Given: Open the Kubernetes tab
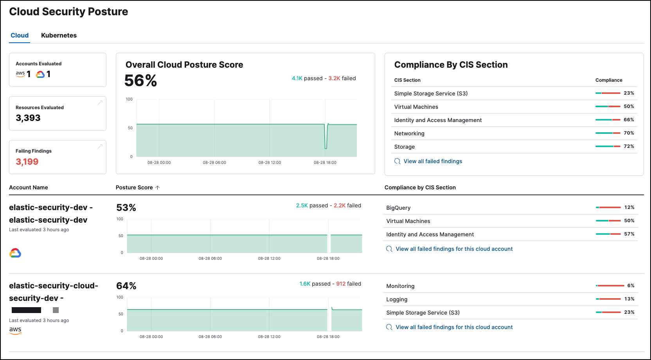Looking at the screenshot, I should coord(59,35).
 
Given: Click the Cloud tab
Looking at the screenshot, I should coord(20,35).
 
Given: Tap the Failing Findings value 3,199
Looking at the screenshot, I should coord(27,162).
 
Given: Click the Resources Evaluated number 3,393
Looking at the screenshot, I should coord(28,118).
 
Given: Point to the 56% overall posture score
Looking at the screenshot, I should coord(140,81).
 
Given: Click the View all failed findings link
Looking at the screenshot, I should coord(433,161).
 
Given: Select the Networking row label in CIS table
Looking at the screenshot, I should coord(409,133).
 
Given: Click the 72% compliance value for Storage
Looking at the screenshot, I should coord(629,146).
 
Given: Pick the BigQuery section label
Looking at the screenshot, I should coord(398,208).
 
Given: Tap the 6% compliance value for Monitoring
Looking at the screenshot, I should coord(631,286).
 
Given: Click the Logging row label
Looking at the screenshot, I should coord(397,299).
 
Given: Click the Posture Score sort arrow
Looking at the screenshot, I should coord(158,187).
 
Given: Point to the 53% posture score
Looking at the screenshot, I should coord(126,207).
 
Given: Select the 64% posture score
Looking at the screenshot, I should coord(126,286).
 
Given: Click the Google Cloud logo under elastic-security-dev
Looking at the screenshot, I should coord(15,253).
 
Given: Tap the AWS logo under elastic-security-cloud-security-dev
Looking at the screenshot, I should coord(15,330).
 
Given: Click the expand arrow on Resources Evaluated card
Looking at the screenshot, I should coord(100,103).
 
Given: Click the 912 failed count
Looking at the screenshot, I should coord(341,284).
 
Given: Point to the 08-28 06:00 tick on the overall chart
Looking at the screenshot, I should coord(214,162).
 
